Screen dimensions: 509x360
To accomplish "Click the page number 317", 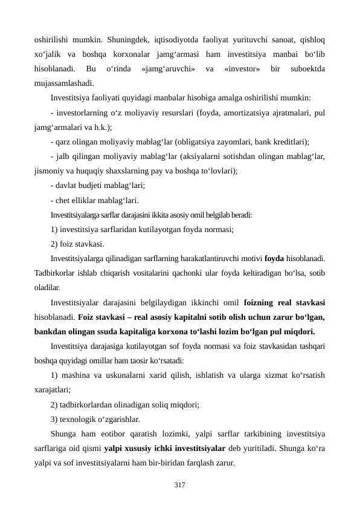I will pyautogui.click(x=179, y=484).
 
